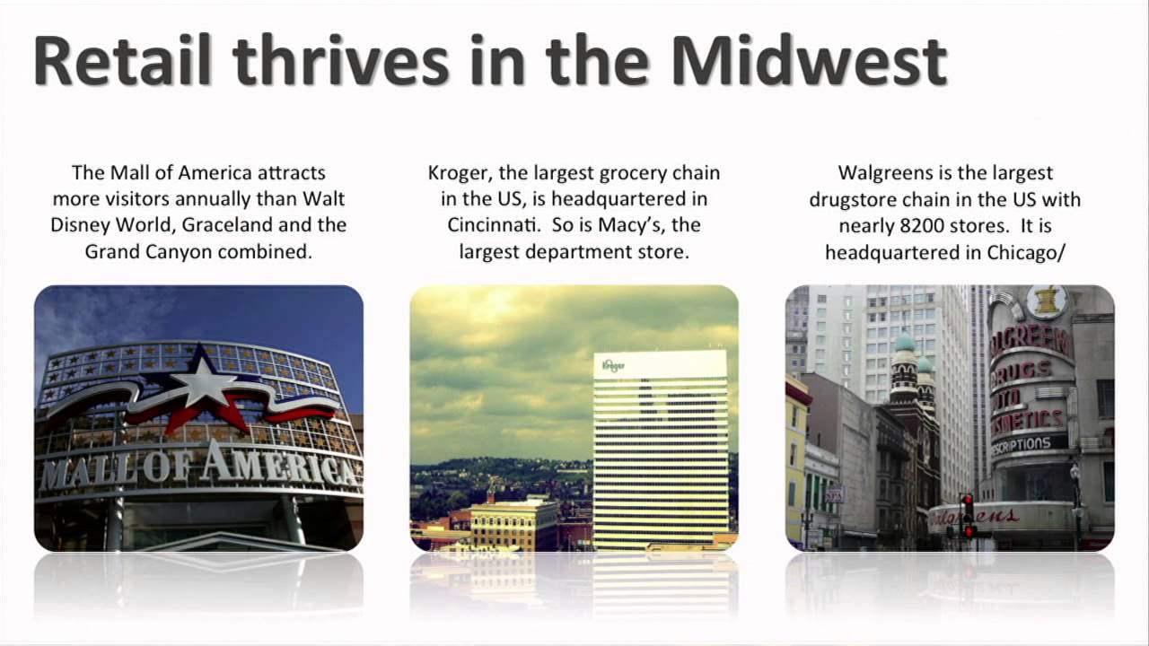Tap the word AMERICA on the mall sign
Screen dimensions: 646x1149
click(x=278, y=467)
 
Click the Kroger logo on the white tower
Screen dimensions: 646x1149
click(x=613, y=365)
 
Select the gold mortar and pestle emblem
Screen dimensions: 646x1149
click(x=1046, y=301)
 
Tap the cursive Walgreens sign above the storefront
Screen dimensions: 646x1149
click(x=978, y=517)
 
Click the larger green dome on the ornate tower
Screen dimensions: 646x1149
click(x=904, y=342)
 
